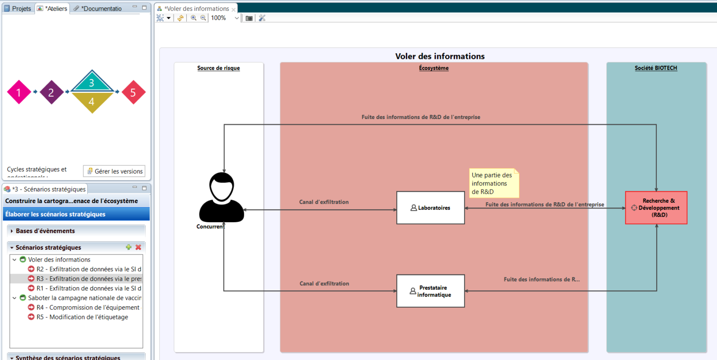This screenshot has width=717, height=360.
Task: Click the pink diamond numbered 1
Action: point(19,92)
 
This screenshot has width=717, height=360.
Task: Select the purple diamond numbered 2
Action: point(51,92)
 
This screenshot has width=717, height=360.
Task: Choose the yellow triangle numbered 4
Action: point(91,101)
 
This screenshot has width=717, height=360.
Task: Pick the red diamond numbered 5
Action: point(133,92)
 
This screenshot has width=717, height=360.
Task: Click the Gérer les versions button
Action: point(114,171)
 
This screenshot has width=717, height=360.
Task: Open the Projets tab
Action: point(18,9)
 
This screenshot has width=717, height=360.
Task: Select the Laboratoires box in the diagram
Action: point(430,208)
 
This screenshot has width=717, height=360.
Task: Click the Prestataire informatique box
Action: point(430,291)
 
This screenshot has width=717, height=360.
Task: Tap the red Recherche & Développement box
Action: point(656,208)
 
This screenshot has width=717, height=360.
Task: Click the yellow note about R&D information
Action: point(493,184)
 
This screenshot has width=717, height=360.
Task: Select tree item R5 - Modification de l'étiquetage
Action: point(82,317)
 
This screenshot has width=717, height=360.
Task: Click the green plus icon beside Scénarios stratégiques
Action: point(129,247)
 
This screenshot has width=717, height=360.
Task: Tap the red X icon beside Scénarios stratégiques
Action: point(138,247)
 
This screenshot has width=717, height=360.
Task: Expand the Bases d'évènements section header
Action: point(45,231)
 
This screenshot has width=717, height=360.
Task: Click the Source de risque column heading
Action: point(218,68)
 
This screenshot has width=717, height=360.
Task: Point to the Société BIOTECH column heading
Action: point(656,68)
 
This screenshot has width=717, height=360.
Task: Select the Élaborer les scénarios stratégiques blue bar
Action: point(77,214)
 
